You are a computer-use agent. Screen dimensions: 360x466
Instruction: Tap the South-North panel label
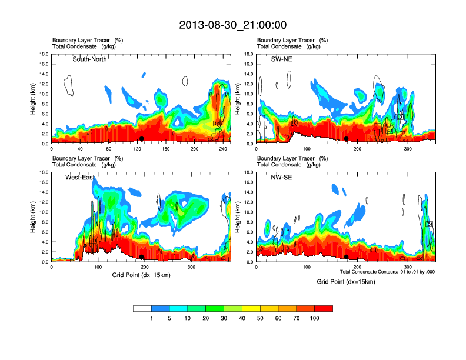[89, 59]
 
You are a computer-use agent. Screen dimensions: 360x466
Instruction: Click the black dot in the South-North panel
[142, 139]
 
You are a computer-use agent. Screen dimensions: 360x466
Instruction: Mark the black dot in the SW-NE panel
[347, 139]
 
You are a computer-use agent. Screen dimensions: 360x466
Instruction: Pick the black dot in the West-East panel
[142, 257]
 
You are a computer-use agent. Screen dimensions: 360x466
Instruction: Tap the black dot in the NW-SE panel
[347, 257]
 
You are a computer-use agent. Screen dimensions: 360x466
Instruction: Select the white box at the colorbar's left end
[142, 308]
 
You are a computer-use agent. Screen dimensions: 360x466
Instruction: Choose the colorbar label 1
[151, 318]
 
